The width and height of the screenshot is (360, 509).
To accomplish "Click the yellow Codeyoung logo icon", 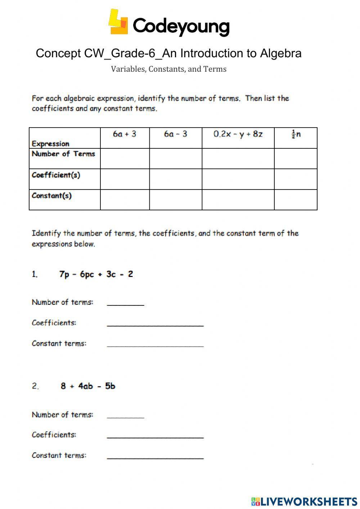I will [x=118, y=22].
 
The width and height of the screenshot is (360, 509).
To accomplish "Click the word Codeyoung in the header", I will [x=181, y=26].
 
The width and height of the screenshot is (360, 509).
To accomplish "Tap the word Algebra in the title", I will [x=281, y=53].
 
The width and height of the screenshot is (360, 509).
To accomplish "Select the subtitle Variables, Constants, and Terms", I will [x=168, y=69].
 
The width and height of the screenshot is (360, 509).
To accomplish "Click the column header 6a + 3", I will [x=125, y=134].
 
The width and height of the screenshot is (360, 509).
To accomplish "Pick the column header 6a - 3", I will [x=176, y=134].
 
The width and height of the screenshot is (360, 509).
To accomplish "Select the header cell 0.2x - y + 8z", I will [x=238, y=134].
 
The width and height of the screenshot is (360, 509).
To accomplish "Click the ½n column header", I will [x=296, y=134].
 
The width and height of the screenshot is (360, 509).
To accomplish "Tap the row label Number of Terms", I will [x=63, y=154].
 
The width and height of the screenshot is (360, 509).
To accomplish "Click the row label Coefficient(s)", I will [x=56, y=175].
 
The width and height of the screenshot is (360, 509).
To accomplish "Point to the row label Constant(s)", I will [x=51, y=196].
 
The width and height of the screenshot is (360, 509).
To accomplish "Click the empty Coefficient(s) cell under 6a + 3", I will [x=125, y=179].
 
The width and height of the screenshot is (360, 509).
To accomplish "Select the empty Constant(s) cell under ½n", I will [x=296, y=200].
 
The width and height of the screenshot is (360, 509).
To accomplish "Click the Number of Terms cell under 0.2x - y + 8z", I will [x=238, y=158].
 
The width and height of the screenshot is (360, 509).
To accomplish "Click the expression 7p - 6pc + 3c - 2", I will [x=96, y=274].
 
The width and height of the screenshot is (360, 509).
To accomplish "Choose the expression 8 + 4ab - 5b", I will [x=88, y=386].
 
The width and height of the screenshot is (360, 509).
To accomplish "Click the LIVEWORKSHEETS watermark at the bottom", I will [x=304, y=501].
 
